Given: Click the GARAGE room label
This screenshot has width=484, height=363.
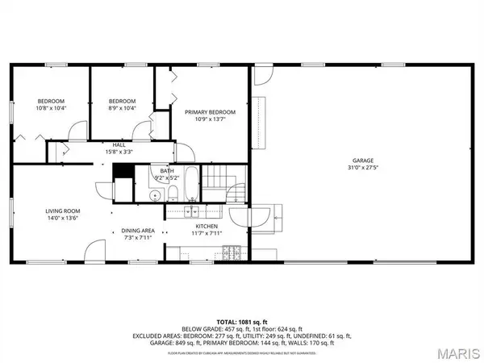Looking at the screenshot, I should tap(362, 160).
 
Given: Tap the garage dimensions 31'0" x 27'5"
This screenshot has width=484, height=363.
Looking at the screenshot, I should tap(362, 168).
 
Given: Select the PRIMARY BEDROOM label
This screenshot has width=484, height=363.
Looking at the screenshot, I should tap(210, 112).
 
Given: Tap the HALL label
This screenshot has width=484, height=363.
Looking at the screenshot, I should tap(119, 144).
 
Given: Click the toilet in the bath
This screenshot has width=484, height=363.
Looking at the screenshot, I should tap(173, 191).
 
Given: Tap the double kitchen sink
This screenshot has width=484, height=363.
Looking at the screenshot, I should tap(192, 212).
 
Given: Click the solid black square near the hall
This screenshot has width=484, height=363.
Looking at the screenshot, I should tap(123, 171).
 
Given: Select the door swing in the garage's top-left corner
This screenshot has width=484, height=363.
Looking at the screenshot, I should tap(263, 75).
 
